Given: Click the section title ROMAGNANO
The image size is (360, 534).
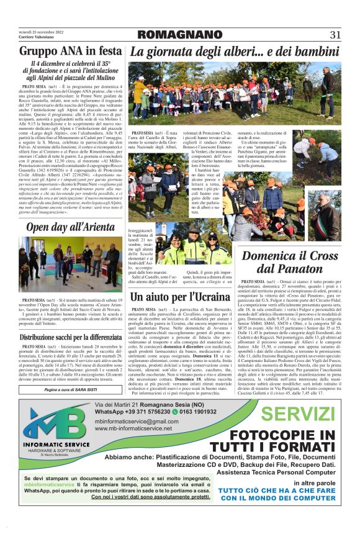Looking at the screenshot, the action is pyautogui.click(x=176, y=35).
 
